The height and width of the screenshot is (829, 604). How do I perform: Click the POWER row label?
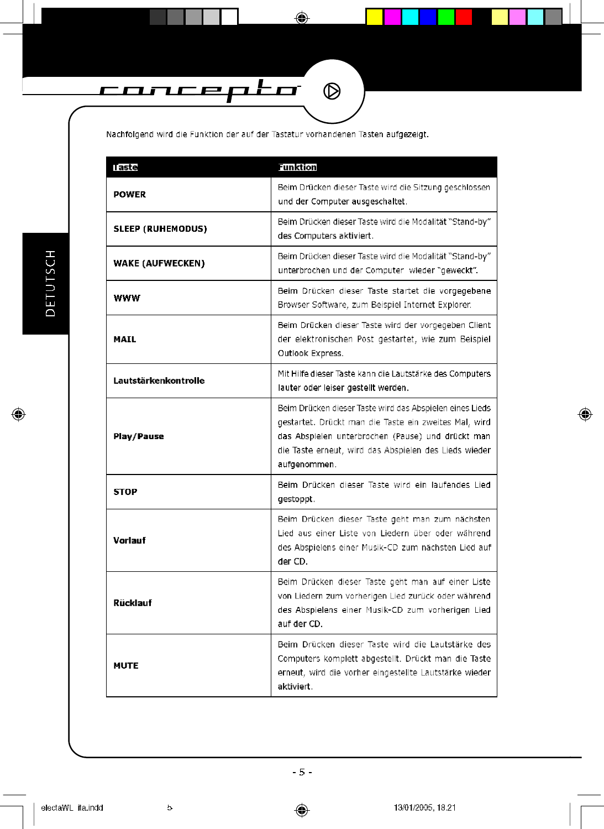click(x=130, y=195)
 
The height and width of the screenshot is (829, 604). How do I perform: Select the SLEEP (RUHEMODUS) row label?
click(x=160, y=229)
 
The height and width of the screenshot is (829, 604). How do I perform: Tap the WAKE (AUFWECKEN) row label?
click(x=159, y=263)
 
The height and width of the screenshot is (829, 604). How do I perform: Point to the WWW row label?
click(x=127, y=298)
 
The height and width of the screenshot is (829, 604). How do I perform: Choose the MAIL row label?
click(x=125, y=340)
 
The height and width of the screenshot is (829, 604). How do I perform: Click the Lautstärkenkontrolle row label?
click(x=159, y=381)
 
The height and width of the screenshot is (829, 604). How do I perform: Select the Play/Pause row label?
click(x=139, y=436)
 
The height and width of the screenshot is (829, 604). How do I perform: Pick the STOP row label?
click(x=125, y=492)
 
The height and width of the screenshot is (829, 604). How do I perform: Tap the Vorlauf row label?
click(x=130, y=540)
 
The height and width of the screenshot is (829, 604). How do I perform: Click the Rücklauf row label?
click(x=133, y=603)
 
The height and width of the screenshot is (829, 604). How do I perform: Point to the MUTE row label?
click(x=126, y=666)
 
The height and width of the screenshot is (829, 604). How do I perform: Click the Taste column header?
click(x=125, y=168)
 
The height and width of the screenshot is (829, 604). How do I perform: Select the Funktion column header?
click(x=297, y=168)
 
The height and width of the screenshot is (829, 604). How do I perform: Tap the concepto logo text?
click(x=199, y=90)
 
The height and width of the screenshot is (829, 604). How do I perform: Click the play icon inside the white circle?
click(x=332, y=91)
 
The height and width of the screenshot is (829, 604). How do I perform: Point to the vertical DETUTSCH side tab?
click(x=50, y=283)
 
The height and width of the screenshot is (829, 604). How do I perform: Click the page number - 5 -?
click(x=302, y=772)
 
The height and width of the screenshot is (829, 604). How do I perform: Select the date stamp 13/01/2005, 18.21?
click(x=424, y=807)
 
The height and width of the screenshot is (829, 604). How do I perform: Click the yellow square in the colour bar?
click(x=375, y=17)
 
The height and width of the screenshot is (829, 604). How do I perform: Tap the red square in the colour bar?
click(x=464, y=17)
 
